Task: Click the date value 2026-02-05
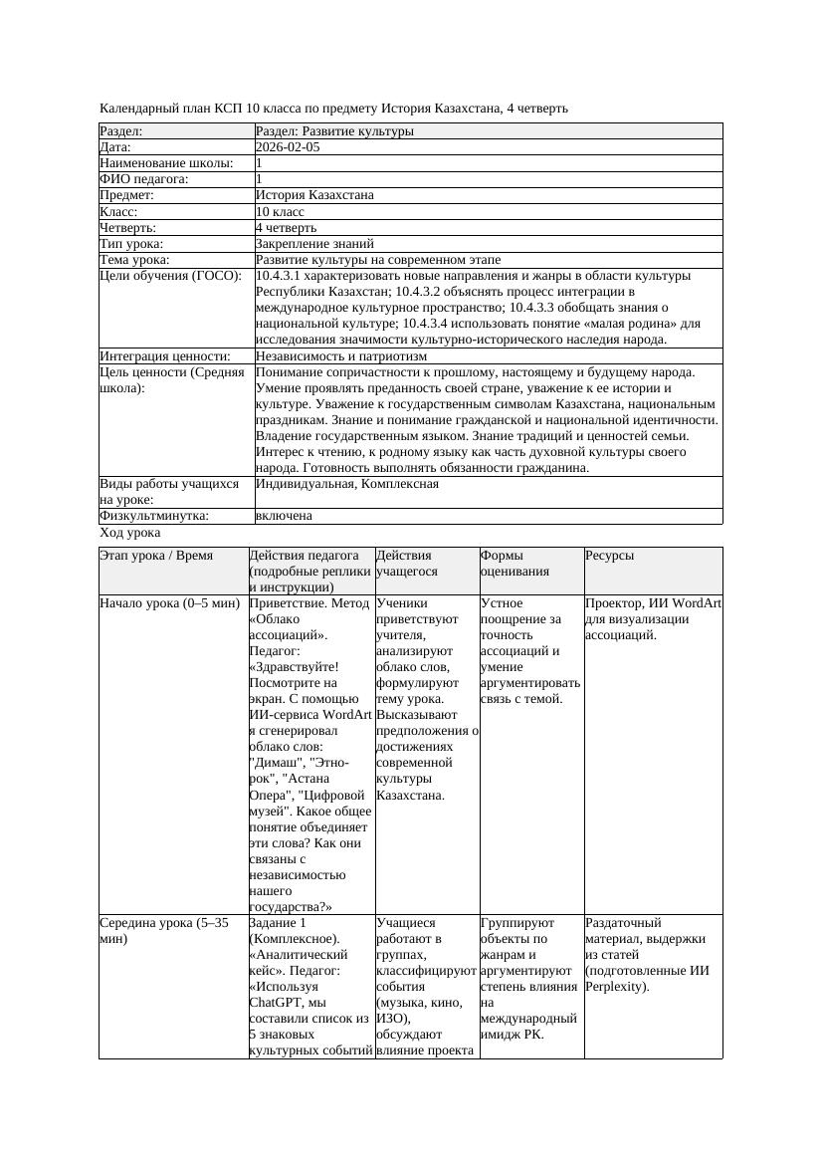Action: pyautogui.click(x=288, y=147)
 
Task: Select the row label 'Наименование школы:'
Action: pyautogui.click(x=166, y=163)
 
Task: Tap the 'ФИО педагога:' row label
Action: pyautogui.click(x=144, y=179)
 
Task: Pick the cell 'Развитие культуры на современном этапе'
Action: pyautogui.click(x=378, y=260)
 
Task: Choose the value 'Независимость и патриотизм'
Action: pyautogui.click(x=341, y=355)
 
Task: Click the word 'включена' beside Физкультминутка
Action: pyautogui.click(x=284, y=516)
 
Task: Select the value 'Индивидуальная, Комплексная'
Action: pyautogui.click(x=347, y=484)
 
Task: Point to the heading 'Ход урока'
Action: pyautogui.click(x=130, y=533)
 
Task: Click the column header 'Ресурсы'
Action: pyautogui.click(x=609, y=556)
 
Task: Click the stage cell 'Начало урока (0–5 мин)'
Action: pyautogui.click(x=169, y=603)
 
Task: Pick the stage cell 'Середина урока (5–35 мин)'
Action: pyautogui.click(x=164, y=931)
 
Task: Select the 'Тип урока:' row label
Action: pyautogui.click(x=131, y=243)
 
